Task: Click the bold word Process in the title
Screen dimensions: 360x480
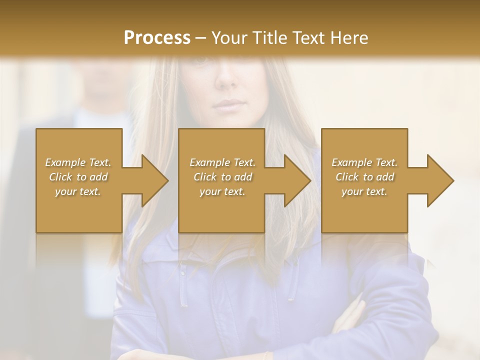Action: click(x=157, y=38)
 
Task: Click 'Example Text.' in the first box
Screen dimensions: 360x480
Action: click(x=78, y=162)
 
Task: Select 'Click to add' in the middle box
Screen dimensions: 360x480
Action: click(x=222, y=177)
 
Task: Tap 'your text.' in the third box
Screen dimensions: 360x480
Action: click(x=364, y=191)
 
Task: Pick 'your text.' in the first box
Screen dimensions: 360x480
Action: click(x=78, y=191)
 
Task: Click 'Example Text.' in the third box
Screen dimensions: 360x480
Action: click(x=364, y=162)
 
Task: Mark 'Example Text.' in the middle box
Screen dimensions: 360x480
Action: click(x=222, y=162)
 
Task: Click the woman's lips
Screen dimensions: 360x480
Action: click(x=228, y=104)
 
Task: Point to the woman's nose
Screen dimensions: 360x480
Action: click(x=225, y=77)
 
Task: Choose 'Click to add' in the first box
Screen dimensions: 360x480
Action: click(x=78, y=177)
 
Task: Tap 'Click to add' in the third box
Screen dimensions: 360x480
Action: click(x=364, y=177)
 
